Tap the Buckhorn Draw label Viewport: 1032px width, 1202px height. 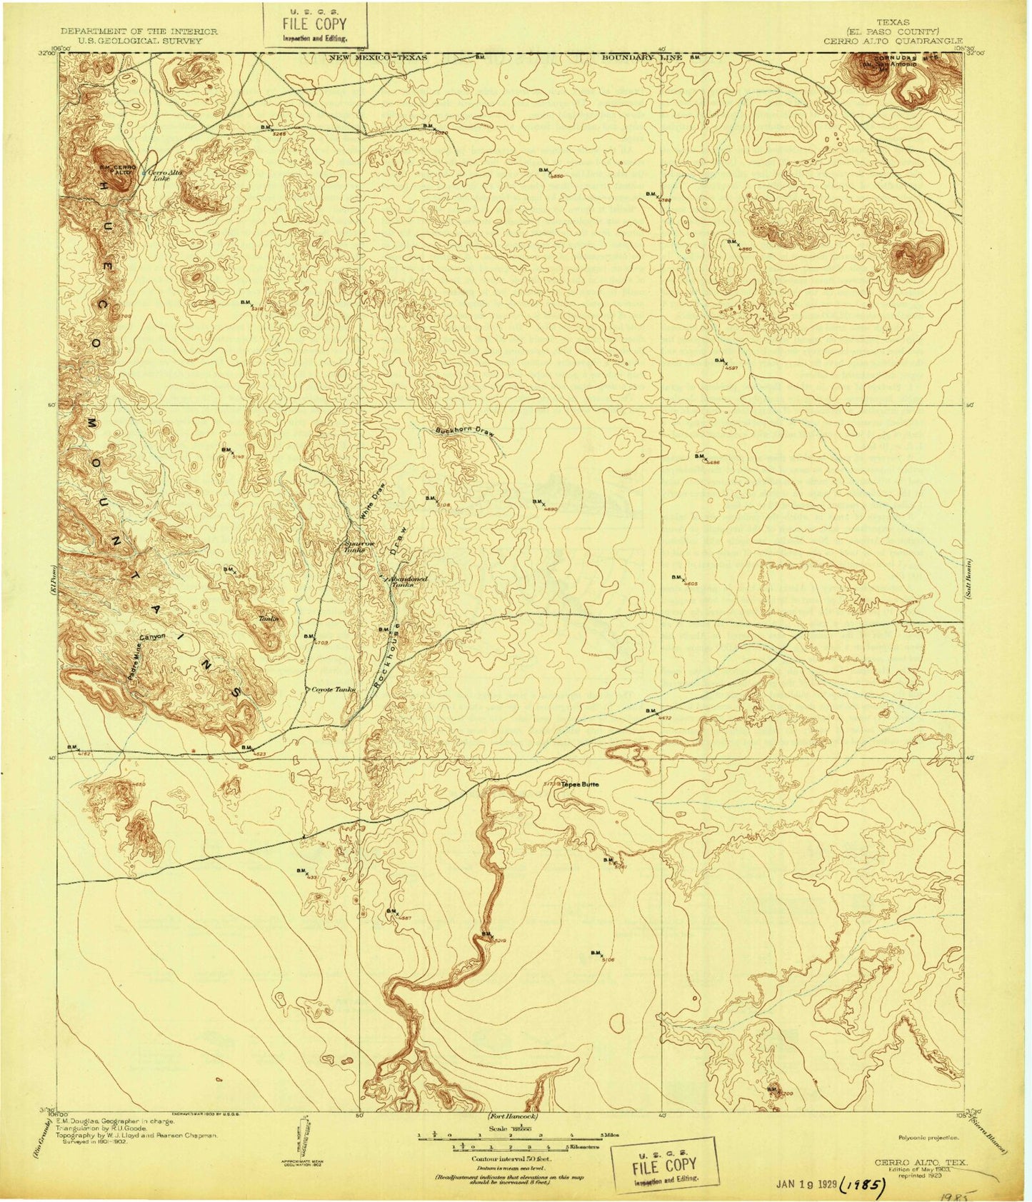tap(464, 432)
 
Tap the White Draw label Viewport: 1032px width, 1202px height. tap(370, 509)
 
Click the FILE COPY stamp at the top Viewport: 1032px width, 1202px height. tap(315, 25)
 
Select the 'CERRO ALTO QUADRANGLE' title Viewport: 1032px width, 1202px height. tap(892, 41)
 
